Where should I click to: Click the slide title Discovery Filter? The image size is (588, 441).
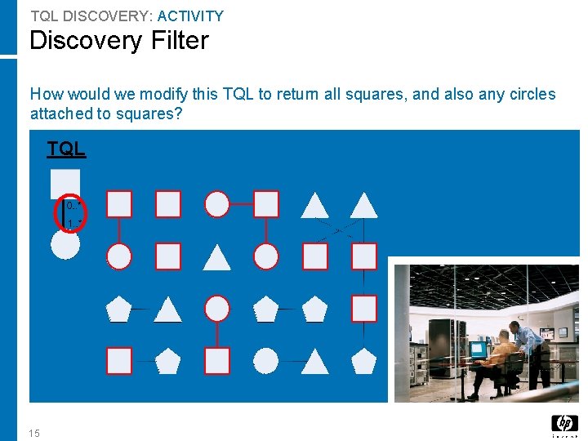(x=119, y=41)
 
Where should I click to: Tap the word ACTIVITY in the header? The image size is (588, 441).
(x=190, y=16)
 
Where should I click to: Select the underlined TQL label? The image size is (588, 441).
(x=66, y=149)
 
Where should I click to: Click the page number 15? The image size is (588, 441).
(x=33, y=433)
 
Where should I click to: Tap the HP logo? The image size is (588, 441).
(x=564, y=424)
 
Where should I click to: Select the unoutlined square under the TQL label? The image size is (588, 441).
(x=65, y=183)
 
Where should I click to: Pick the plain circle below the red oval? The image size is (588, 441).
(x=65, y=244)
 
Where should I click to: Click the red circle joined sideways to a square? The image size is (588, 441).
(x=217, y=204)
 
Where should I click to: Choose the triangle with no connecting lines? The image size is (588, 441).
(x=217, y=257)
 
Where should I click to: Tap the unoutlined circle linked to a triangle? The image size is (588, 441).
(x=266, y=360)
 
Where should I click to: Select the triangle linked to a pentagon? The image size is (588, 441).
(x=168, y=309)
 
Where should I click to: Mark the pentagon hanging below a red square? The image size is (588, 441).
(x=364, y=360)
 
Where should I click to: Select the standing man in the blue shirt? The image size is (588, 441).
(x=531, y=339)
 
